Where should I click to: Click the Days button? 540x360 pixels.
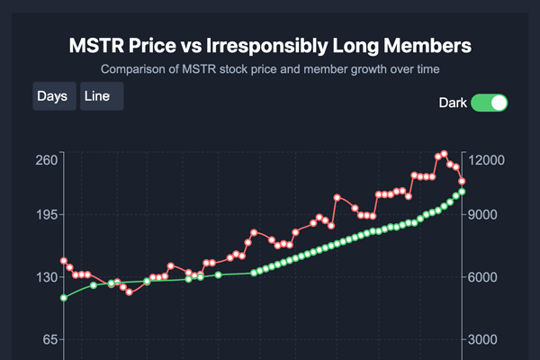pyautogui.click(x=53, y=96)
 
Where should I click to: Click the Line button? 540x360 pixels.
pyautogui.click(x=101, y=96)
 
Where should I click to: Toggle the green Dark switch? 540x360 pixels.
pyautogui.click(x=490, y=103)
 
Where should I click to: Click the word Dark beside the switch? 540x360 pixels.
pyautogui.click(x=453, y=103)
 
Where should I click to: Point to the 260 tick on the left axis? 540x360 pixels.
pyautogui.click(x=47, y=160)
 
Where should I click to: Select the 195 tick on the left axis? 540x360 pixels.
pyautogui.click(x=47, y=215)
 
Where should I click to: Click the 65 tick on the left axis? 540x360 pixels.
pyautogui.click(x=47, y=339)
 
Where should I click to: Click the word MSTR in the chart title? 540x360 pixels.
pyautogui.click(x=96, y=45)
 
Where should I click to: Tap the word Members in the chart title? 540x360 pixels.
pyautogui.click(x=424, y=45)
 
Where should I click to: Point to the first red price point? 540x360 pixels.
pyautogui.click(x=64, y=261)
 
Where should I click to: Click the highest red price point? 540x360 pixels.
pyautogui.click(x=445, y=154)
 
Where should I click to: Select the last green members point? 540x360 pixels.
pyautogui.click(x=462, y=192)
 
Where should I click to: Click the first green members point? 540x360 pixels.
pyautogui.click(x=64, y=297)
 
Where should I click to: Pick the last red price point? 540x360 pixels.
pyautogui.click(x=462, y=181)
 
